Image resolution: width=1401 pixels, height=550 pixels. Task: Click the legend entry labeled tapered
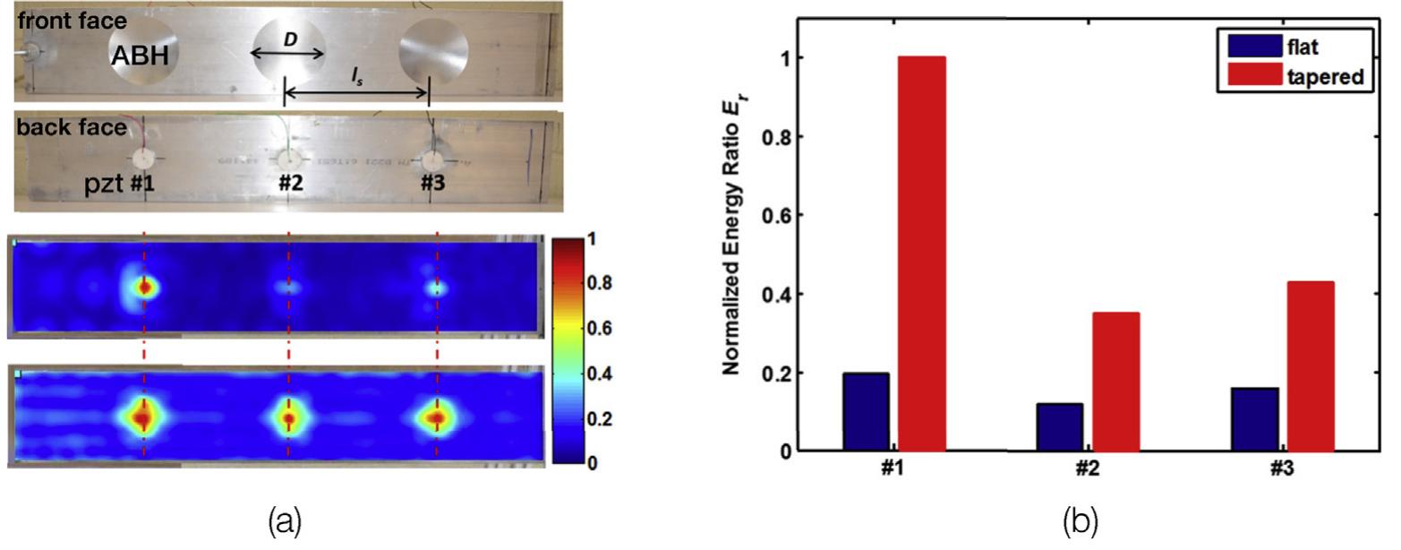1325,77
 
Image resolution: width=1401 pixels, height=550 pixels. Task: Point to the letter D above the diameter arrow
290,39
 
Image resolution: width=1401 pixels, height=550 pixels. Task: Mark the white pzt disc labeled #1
143,160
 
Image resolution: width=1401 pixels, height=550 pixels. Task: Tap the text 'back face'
71,127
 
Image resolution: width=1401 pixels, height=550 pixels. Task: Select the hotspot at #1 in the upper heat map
144,287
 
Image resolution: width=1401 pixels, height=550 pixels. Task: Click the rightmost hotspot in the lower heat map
437,417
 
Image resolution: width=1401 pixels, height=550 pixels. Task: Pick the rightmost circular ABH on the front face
434,52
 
